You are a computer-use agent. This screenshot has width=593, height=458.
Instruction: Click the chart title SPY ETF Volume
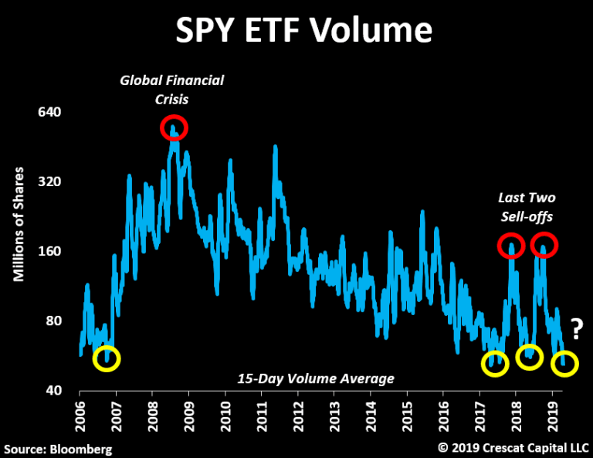[303, 30]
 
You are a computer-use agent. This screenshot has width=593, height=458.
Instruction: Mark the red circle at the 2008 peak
[175, 127]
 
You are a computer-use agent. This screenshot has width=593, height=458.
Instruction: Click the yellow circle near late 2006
[107, 358]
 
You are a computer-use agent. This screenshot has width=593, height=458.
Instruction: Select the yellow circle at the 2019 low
[564, 363]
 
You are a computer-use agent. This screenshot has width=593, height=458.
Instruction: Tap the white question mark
[576, 328]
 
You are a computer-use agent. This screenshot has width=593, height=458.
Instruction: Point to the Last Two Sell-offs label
[527, 207]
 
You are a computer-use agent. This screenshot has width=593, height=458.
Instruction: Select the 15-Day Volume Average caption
[316, 378]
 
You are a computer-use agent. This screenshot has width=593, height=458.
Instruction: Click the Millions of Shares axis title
[20, 224]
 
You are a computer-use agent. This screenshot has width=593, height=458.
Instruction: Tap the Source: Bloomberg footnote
[59, 448]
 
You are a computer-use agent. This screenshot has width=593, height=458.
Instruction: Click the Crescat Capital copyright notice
[513, 447]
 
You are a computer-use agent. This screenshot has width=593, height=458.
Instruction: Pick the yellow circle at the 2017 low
[495, 363]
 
